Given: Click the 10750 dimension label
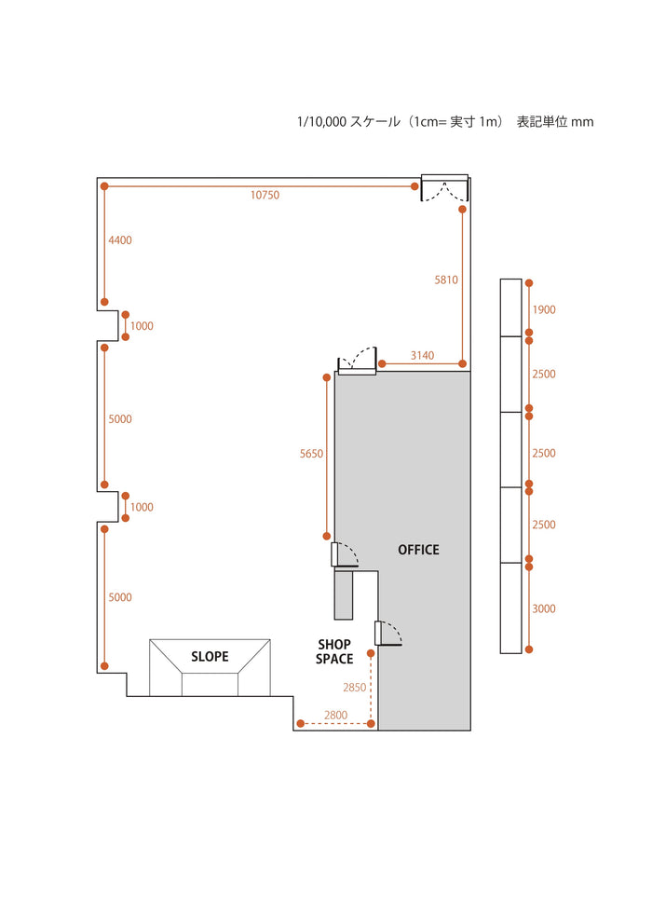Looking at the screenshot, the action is (265, 195).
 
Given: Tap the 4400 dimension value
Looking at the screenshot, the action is (120, 239).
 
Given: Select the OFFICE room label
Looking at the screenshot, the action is (419, 550).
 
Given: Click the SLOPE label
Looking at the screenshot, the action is (210, 657).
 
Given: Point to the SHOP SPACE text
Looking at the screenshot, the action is (334, 652).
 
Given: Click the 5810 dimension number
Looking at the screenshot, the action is (446, 280).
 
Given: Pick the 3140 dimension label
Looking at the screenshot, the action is (422, 355).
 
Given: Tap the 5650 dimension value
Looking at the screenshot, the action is (311, 454).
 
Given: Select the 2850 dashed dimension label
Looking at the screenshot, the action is (355, 688).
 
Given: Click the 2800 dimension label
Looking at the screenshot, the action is (336, 715).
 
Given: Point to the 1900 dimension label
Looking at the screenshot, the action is (544, 310).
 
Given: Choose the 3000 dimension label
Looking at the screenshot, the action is (544, 608).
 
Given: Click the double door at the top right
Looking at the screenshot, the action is (445, 188).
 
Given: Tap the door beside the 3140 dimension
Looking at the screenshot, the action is (357, 361).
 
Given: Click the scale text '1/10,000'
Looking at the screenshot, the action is (322, 122).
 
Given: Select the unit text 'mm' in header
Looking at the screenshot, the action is (582, 123).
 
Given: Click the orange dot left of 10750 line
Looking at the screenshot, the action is (104, 186).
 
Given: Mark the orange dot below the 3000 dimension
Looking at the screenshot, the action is (529, 649).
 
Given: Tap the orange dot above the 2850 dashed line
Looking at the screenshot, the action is (371, 653).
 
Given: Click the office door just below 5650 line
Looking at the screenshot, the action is (344, 555).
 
